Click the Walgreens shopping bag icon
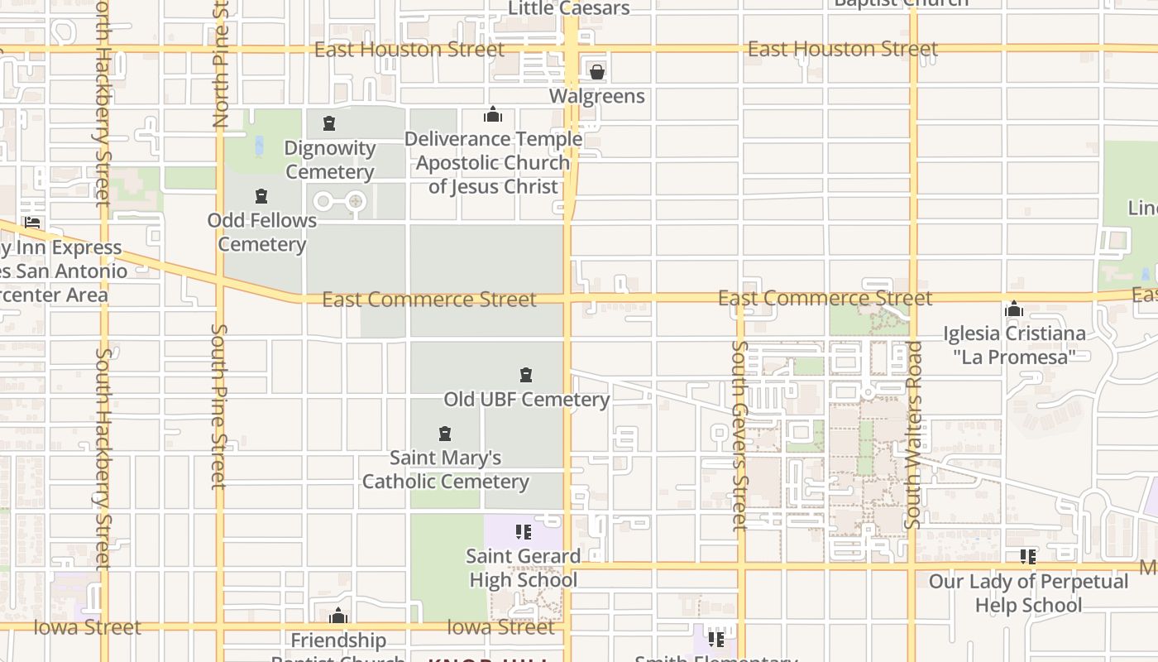(x=596, y=72)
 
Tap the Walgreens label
(x=596, y=96)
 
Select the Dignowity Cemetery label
(x=330, y=160)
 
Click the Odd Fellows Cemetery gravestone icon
(x=261, y=196)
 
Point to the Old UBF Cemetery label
(x=526, y=399)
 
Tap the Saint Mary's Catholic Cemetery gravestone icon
(x=445, y=434)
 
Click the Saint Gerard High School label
(x=523, y=568)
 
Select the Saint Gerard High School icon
(x=523, y=532)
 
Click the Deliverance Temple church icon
(x=493, y=114)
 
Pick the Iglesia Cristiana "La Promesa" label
(x=1014, y=345)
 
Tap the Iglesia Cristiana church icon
(x=1014, y=310)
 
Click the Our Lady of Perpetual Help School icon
(x=1028, y=557)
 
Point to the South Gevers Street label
(x=740, y=435)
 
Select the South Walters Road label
(x=913, y=435)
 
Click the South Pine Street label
(x=219, y=405)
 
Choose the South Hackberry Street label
(x=103, y=459)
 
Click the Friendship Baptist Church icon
(x=337, y=616)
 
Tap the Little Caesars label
(x=568, y=8)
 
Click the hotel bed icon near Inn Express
(x=33, y=222)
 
